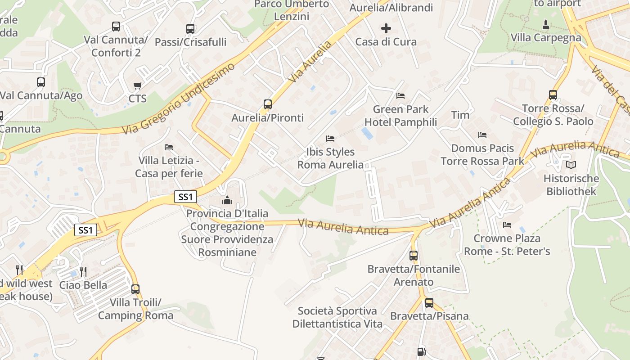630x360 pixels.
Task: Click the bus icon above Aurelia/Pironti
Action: click(268, 104)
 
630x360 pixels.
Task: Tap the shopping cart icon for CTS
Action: click(138, 85)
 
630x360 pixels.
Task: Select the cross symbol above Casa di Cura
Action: click(386, 28)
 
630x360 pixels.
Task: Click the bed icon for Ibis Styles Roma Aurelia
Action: click(330, 139)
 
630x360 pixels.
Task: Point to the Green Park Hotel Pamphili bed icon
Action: click(400, 96)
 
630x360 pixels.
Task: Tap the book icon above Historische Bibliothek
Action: click(571, 165)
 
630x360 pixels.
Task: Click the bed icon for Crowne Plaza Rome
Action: click(507, 225)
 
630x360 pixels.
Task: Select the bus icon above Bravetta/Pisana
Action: click(429, 303)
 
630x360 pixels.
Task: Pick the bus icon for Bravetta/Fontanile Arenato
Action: click(414, 256)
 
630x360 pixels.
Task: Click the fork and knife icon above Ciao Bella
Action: click(83, 272)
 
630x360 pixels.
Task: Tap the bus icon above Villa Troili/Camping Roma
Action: click(135, 289)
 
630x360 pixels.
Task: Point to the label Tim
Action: click(460, 115)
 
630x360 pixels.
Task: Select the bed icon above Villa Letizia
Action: click(169, 147)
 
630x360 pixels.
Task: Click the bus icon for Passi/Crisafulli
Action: click(190, 29)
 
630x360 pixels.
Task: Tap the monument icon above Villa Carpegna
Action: click(546, 24)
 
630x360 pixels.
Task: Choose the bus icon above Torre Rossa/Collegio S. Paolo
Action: click(553, 95)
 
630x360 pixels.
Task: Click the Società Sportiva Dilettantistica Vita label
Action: click(337, 317)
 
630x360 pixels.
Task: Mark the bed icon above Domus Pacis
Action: click(482, 135)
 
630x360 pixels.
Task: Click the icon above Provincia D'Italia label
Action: click(227, 200)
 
